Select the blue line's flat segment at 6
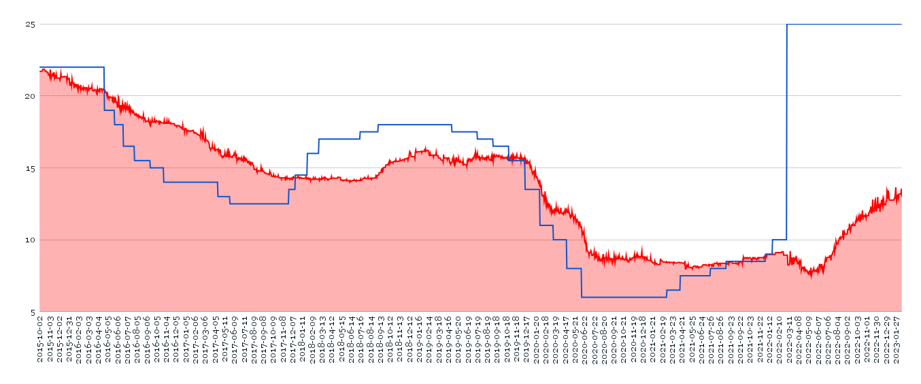[624, 297]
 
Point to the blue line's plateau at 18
[415, 125]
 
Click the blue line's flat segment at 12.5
[258, 204]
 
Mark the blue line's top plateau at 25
[843, 25]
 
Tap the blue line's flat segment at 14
[190, 182]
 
